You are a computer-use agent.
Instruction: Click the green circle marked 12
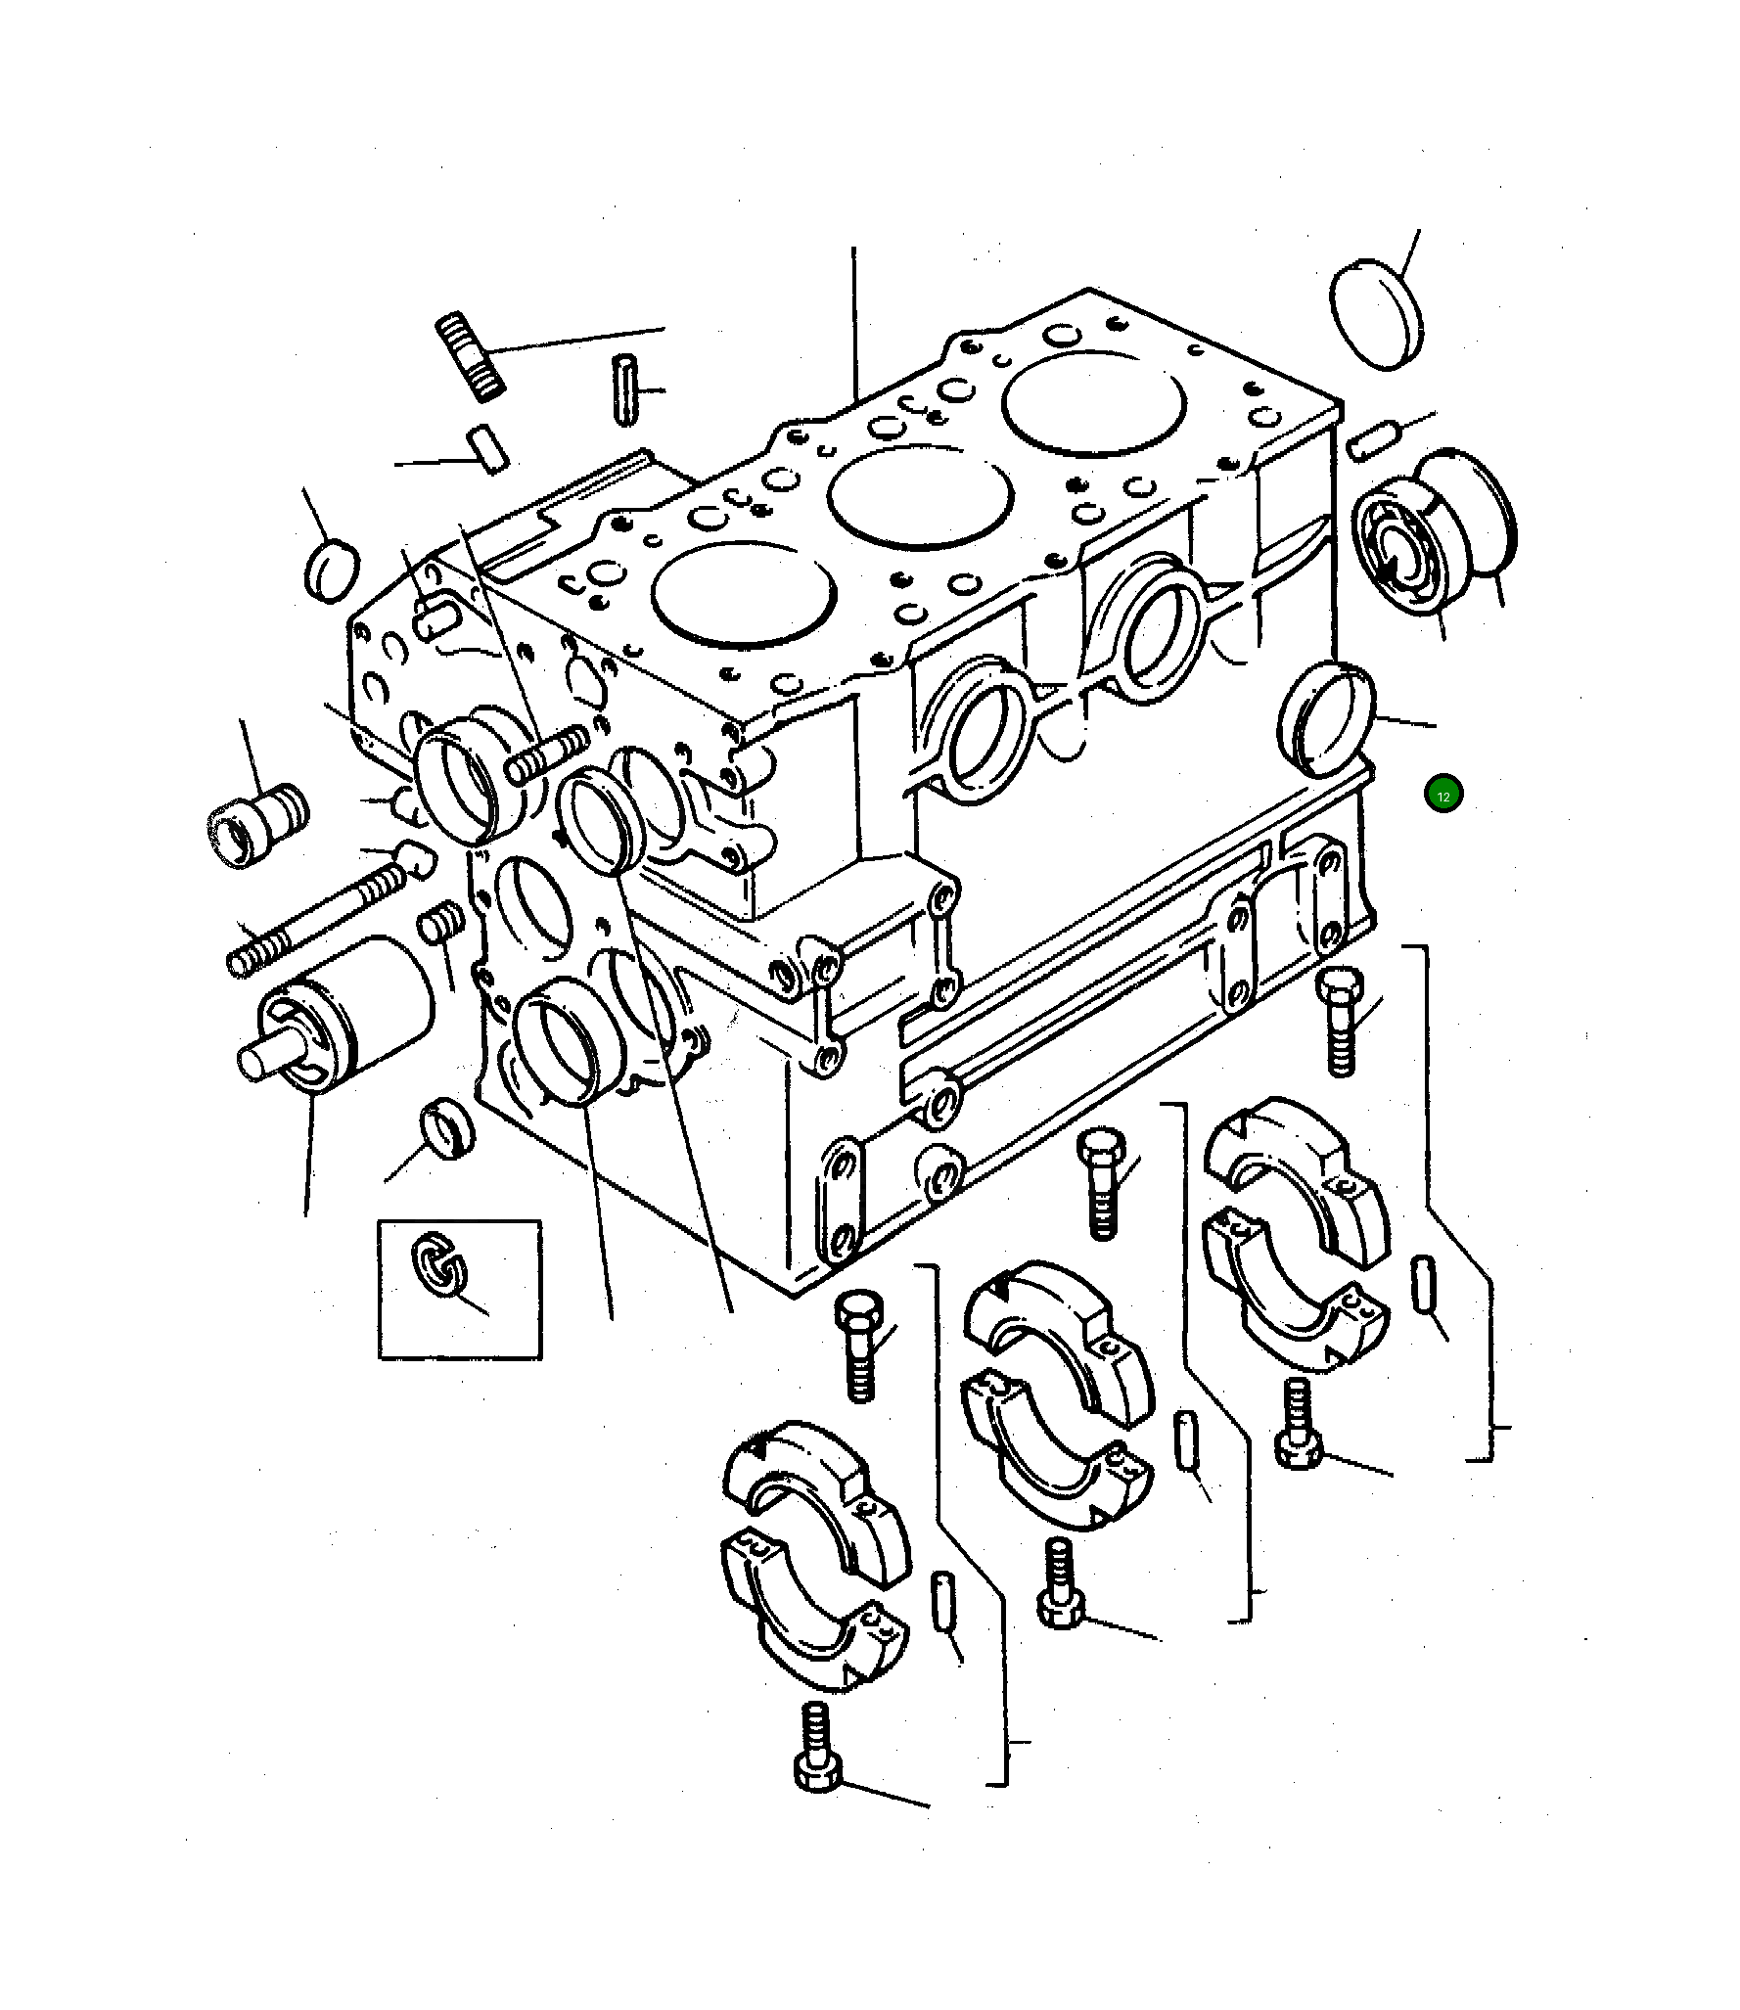point(1442,794)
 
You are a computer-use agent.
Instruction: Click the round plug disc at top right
point(1376,315)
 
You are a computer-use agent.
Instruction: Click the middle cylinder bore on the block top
point(918,498)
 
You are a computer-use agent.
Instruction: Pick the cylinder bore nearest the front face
point(743,593)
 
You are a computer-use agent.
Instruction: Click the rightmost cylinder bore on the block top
point(1094,401)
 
